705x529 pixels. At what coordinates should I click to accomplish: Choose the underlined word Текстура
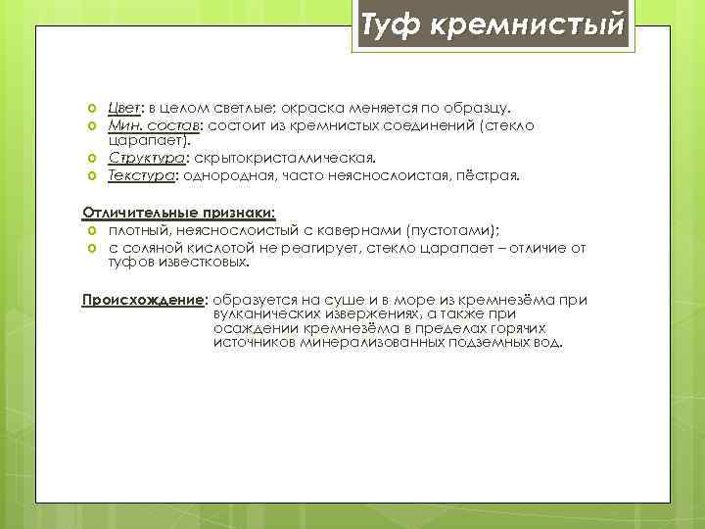point(139,176)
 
